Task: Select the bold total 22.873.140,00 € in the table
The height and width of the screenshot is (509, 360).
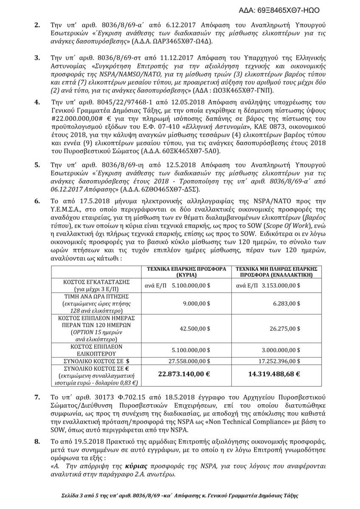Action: click(x=184, y=374)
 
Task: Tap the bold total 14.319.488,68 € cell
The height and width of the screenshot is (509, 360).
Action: click(x=274, y=374)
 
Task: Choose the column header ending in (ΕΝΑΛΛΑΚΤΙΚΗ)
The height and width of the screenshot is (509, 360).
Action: click(x=274, y=271)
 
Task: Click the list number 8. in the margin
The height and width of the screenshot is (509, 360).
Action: click(x=37, y=441)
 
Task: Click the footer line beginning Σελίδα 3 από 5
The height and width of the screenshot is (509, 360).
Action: click(x=180, y=496)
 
